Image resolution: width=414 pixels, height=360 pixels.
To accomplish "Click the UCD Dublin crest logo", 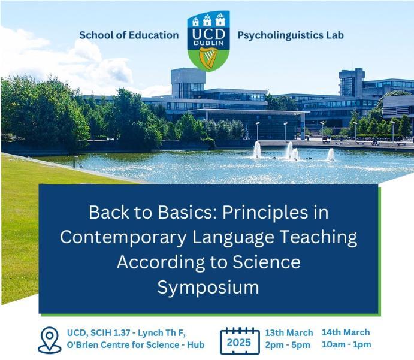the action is pyautogui.click(x=208, y=41).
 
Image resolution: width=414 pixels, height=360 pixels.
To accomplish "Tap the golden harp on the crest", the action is pyautogui.click(x=208, y=59).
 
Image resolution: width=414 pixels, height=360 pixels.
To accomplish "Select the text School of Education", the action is pyautogui.click(x=129, y=35).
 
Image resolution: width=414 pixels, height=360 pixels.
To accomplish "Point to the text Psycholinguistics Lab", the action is pyautogui.click(x=291, y=35).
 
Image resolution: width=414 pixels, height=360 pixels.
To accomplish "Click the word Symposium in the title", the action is pyautogui.click(x=208, y=288).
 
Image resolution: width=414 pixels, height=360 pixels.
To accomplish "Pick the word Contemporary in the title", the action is pyautogui.click(x=123, y=237).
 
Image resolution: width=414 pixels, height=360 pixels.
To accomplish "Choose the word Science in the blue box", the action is pyautogui.click(x=267, y=262).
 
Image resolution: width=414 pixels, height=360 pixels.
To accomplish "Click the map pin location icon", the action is pyautogui.click(x=50, y=340).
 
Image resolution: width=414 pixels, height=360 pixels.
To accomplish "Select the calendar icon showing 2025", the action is pyautogui.click(x=240, y=341).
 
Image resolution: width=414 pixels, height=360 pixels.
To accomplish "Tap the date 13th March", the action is pyautogui.click(x=289, y=333).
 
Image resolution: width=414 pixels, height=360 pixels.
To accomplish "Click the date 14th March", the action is pyautogui.click(x=346, y=332).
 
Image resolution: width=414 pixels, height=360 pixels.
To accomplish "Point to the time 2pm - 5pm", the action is pyautogui.click(x=288, y=345).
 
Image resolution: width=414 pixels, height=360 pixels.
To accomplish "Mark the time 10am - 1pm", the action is pyautogui.click(x=346, y=344).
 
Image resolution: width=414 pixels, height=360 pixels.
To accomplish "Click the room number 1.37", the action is pyautogui.click(x=120, y=333).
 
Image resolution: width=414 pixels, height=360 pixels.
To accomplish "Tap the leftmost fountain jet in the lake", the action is pyautogui.click(x=257, y=149).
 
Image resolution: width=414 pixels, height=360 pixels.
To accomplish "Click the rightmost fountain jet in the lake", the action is pyautogui.click(x=331, y=155).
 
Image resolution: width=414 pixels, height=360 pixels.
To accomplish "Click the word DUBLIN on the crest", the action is pyautogui.click(x=208, y=43).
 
